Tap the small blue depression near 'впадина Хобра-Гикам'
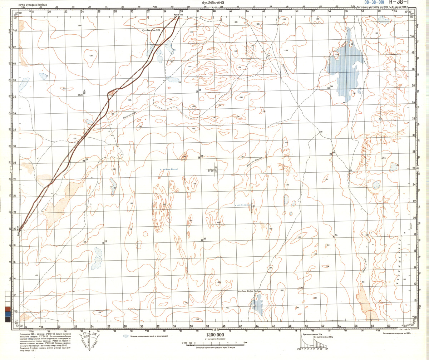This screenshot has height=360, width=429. pyautogui.click(x=257, y=305)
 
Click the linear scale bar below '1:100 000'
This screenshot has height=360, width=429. pyautogui.click(x=213, y=343)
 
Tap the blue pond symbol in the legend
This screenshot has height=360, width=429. pyautogui.click(x=126, y=336)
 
